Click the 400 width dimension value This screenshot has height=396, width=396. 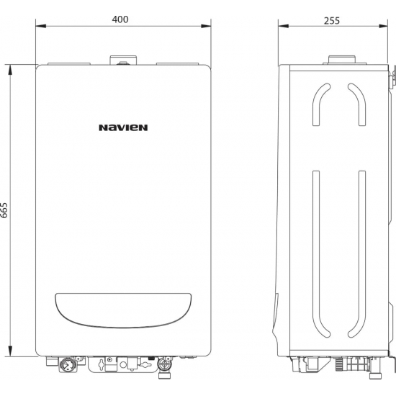click(x=121, y=19)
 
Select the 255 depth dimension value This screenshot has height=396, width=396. click(x=332, y=20)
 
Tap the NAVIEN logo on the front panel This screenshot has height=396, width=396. click(x=123, y=128)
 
